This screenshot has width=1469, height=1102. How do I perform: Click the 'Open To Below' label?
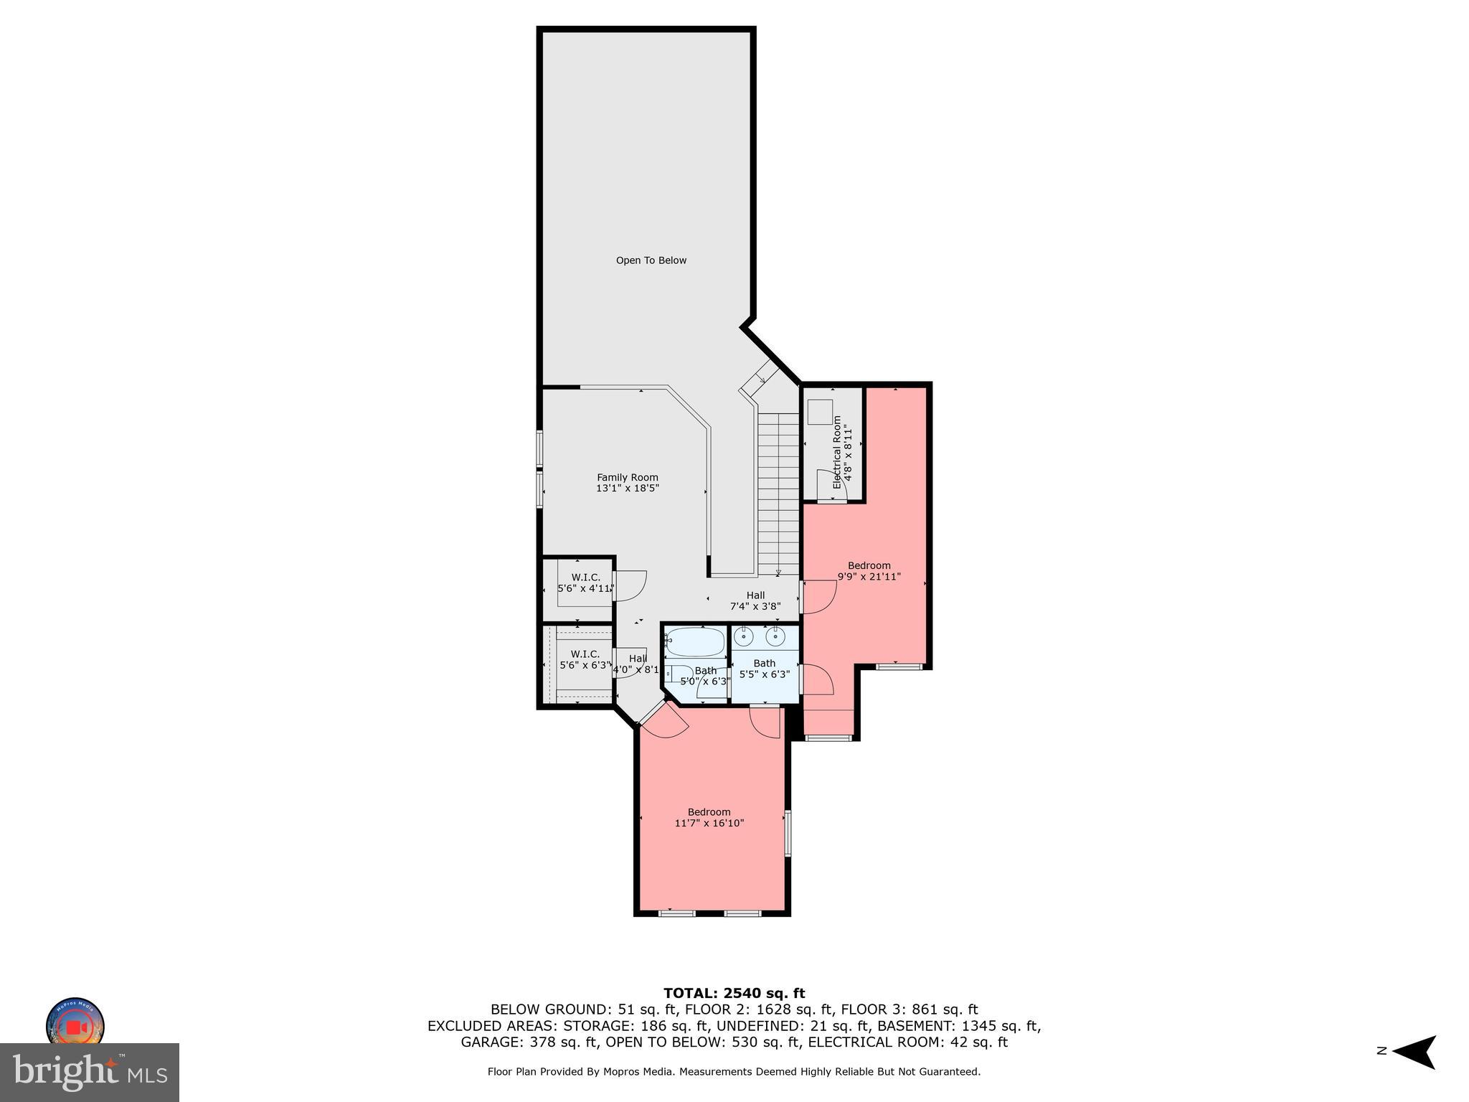[651, 260]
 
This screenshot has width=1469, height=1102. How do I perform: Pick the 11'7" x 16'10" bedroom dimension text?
[709, 823]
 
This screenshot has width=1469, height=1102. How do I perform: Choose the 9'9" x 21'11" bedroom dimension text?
[869, 576]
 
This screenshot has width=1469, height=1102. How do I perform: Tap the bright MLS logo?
[90, 1072]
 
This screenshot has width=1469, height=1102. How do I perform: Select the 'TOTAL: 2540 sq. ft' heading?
[734, 993]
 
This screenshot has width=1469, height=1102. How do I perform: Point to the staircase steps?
[778, 495]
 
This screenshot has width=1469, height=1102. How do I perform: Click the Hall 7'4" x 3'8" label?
[755, 601]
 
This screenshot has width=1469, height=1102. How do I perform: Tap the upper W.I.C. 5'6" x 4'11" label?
[585, 583]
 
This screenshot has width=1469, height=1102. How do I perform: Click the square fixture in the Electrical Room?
[819, 413]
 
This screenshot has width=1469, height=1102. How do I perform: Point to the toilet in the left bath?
[674, 674]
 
